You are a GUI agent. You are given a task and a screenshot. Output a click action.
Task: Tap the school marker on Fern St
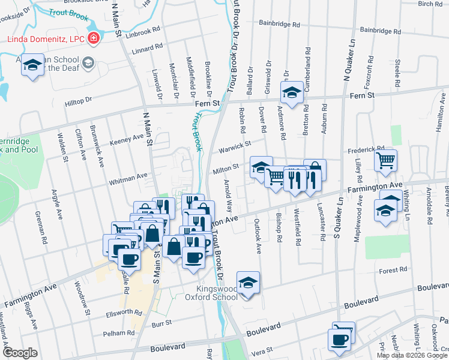292,92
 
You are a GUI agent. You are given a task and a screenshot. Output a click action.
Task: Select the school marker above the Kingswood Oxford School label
247,282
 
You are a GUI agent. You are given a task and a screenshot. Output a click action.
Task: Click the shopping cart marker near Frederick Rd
385,160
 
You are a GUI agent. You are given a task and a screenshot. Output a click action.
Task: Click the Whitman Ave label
128,177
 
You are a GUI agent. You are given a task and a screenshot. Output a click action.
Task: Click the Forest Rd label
393,271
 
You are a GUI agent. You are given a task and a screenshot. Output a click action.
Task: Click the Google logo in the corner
20,353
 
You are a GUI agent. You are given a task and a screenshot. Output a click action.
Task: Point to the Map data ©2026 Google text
412,355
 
